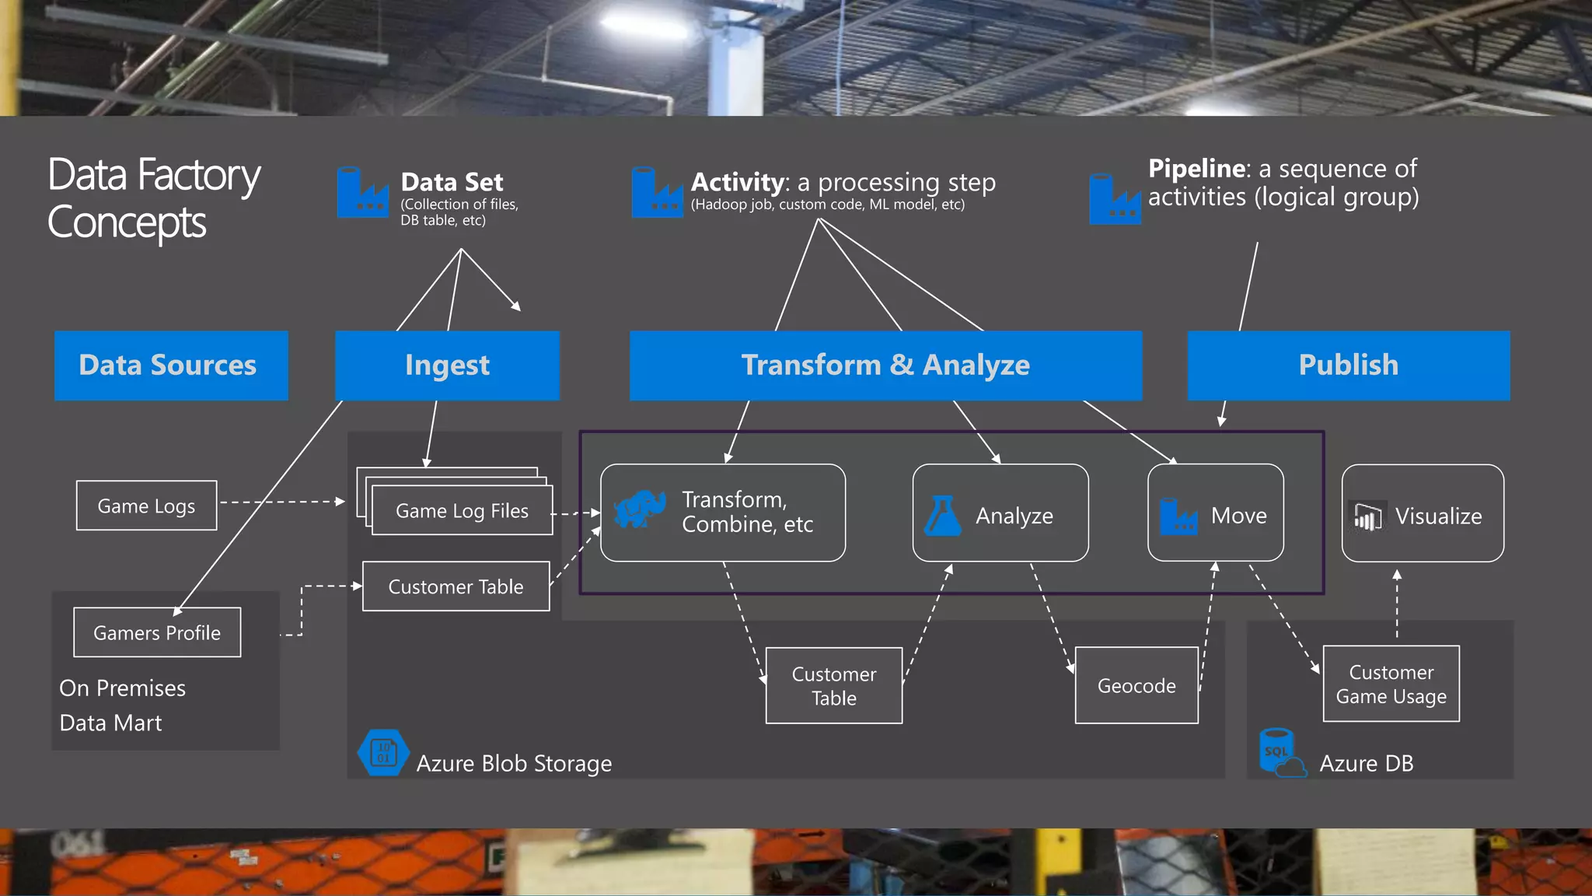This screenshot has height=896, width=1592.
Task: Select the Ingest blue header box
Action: (447, 366)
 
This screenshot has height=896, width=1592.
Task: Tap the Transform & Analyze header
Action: (885, 366)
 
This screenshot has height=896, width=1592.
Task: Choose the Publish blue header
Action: (1349, 366)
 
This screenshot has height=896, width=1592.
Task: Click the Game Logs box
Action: (146, 506)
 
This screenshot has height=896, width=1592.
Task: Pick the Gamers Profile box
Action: (157, 632)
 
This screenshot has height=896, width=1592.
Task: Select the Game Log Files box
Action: (462, 510)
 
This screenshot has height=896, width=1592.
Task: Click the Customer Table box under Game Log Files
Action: (456, 586)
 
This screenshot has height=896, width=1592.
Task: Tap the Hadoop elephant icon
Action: (639, 509)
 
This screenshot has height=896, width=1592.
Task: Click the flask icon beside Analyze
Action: (942, 516)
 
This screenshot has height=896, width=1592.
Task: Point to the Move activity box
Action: (1216, 513)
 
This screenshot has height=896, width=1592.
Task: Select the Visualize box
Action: (1423, 513)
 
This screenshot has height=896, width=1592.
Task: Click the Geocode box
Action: (1136, 685)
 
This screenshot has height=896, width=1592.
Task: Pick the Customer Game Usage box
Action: (1391, 684)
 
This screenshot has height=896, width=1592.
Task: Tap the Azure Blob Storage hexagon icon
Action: (383, 752)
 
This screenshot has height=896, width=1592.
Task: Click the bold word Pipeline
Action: (1198, 168)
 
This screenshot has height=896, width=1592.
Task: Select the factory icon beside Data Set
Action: (362, 193)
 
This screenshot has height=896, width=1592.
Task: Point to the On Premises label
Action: (122, 688)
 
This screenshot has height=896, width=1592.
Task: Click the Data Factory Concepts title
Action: (153, 198)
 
